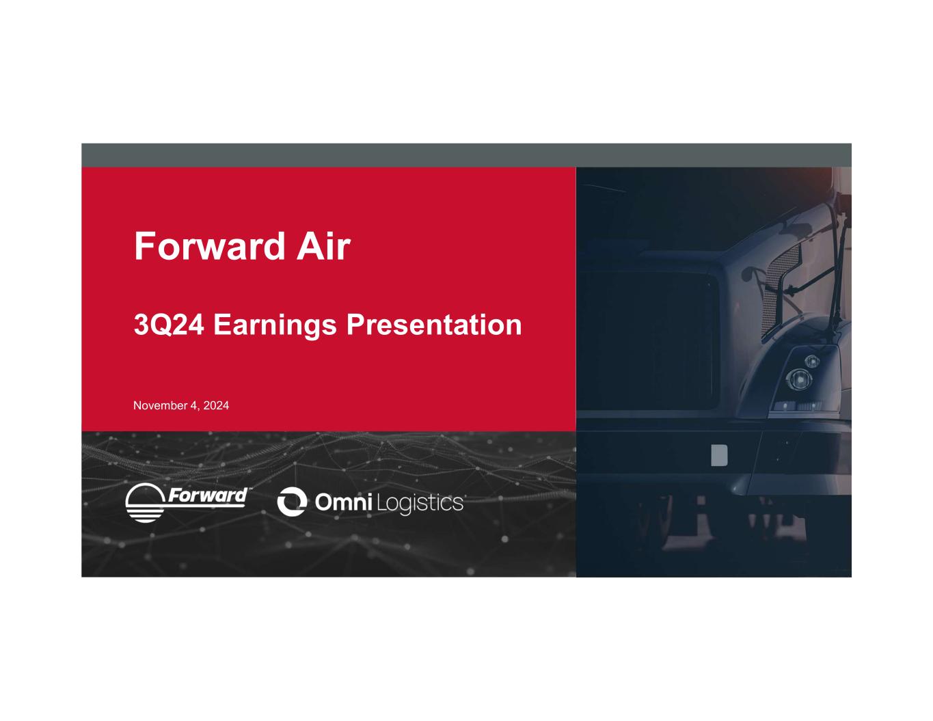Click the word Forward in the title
pyautogui.click(x=210, y=246)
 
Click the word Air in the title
pyautogui.click(x=323, y=246)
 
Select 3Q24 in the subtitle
pyautogui.click(x=169, y=325)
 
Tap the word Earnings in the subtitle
pyautogui.click(x=275, y=326)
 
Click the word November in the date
pyautogui.click(x=160, y=405)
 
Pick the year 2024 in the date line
pyautogui.click(x=216, y=405)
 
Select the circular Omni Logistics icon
pyautogui.click(x=292, y=501)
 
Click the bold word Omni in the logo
pyautogui.click(x=343, y=502)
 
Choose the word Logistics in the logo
pyautogui.click(x=420, y=503)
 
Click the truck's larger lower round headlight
pyautogui.click(x=798, y=379)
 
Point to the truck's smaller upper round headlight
pyautogui.click(x=812, y=361)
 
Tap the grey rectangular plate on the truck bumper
pyautogui.click(x=719, y=455)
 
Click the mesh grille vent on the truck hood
pyautogui.click(x=779, y=290)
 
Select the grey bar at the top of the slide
pyautogui.click(x=466, y=155)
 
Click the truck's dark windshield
pyautogui.click(x=649, y=341)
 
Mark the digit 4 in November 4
pyautogui.click(x=193, y=405)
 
